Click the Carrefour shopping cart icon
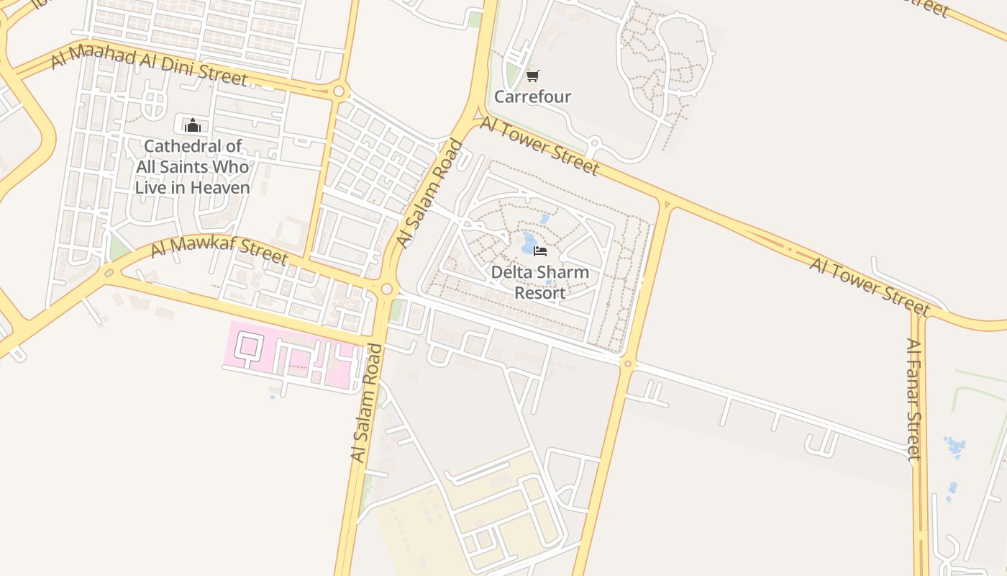[532, 76]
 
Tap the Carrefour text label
[532, 96]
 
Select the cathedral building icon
[192, 125]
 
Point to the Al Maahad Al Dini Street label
[149, 64]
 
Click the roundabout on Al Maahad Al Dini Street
[339, 91]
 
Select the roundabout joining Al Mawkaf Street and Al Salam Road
[387, 289]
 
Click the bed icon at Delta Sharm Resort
[541, 251]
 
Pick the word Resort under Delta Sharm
[539, 293]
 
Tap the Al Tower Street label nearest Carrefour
[539, 145]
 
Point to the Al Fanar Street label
[913, 399]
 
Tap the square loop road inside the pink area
[248, 346]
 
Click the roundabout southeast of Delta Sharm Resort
[628, 364]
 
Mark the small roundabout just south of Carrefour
[594, 143]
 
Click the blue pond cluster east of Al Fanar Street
[955, 446]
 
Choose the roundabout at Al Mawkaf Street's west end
[109, 273]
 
